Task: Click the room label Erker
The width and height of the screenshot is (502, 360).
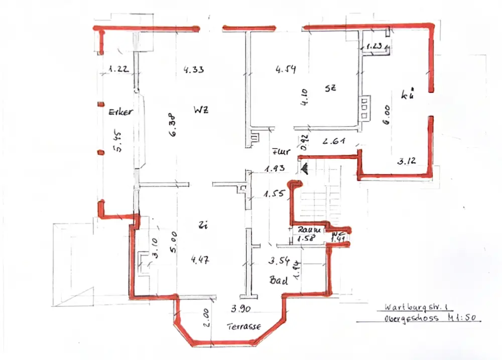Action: coord(120,112)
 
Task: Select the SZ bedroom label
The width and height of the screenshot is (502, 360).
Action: coord(330,87)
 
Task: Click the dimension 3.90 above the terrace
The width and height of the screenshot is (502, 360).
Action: coord(240,308)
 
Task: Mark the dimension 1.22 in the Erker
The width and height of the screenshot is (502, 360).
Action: coord(118,70)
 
